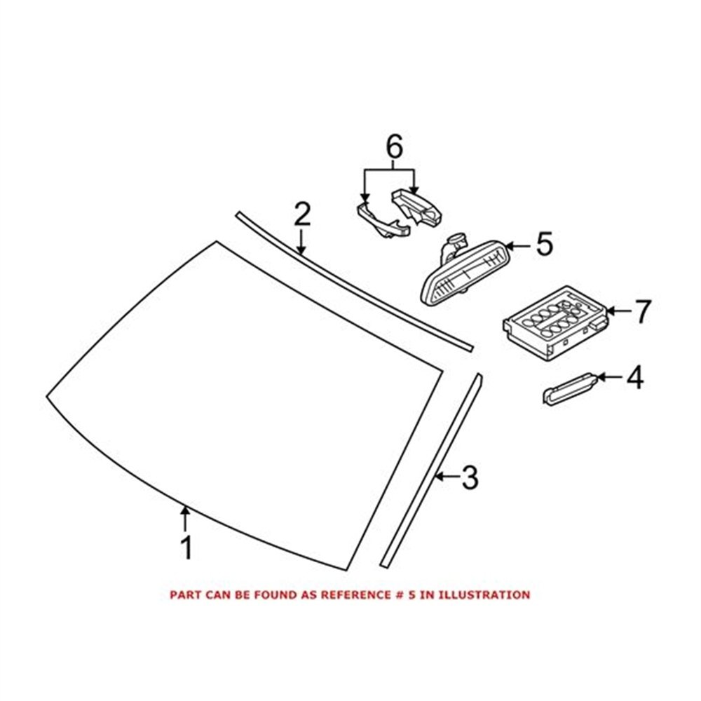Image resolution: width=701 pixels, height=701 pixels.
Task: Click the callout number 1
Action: (x=187, y=547)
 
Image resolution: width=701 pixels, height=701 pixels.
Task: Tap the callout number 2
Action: (x=302, y=214)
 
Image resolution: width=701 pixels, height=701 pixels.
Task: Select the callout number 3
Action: (x=470, y=477)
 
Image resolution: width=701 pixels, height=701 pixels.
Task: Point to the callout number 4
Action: (x=635, y=377)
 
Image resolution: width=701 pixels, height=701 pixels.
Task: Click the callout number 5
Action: (x=544, y=244)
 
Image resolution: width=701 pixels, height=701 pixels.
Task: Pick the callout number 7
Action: (x=642, y=312)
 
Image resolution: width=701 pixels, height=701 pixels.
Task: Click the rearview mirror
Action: (x=465, y=273)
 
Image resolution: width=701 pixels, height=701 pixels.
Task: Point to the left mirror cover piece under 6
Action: (x=383, y=220)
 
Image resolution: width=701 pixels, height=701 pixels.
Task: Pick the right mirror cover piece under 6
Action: (x=416, y=207)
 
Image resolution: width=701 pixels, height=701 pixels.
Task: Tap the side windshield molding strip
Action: (x=430, y=470)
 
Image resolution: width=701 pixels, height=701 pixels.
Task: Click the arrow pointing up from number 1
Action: (x=185, y=519)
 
